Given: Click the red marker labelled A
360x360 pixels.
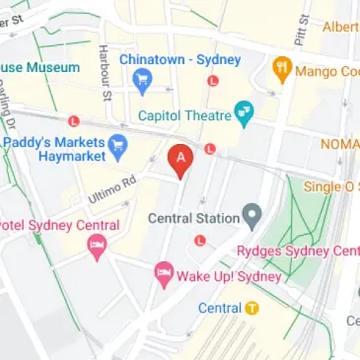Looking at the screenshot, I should (180, 160).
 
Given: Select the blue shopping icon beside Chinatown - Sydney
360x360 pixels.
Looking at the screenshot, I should (142, 82).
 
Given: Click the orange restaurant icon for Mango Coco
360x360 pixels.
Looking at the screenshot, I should (281, 70).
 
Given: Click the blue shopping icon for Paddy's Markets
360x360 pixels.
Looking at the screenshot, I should (118, 146).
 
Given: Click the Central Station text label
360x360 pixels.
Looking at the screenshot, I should (192, 217).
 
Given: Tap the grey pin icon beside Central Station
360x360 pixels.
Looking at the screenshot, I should (252, 214).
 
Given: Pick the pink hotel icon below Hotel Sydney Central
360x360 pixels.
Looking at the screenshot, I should (97, 246).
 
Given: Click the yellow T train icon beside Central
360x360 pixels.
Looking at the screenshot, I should (252, 307).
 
